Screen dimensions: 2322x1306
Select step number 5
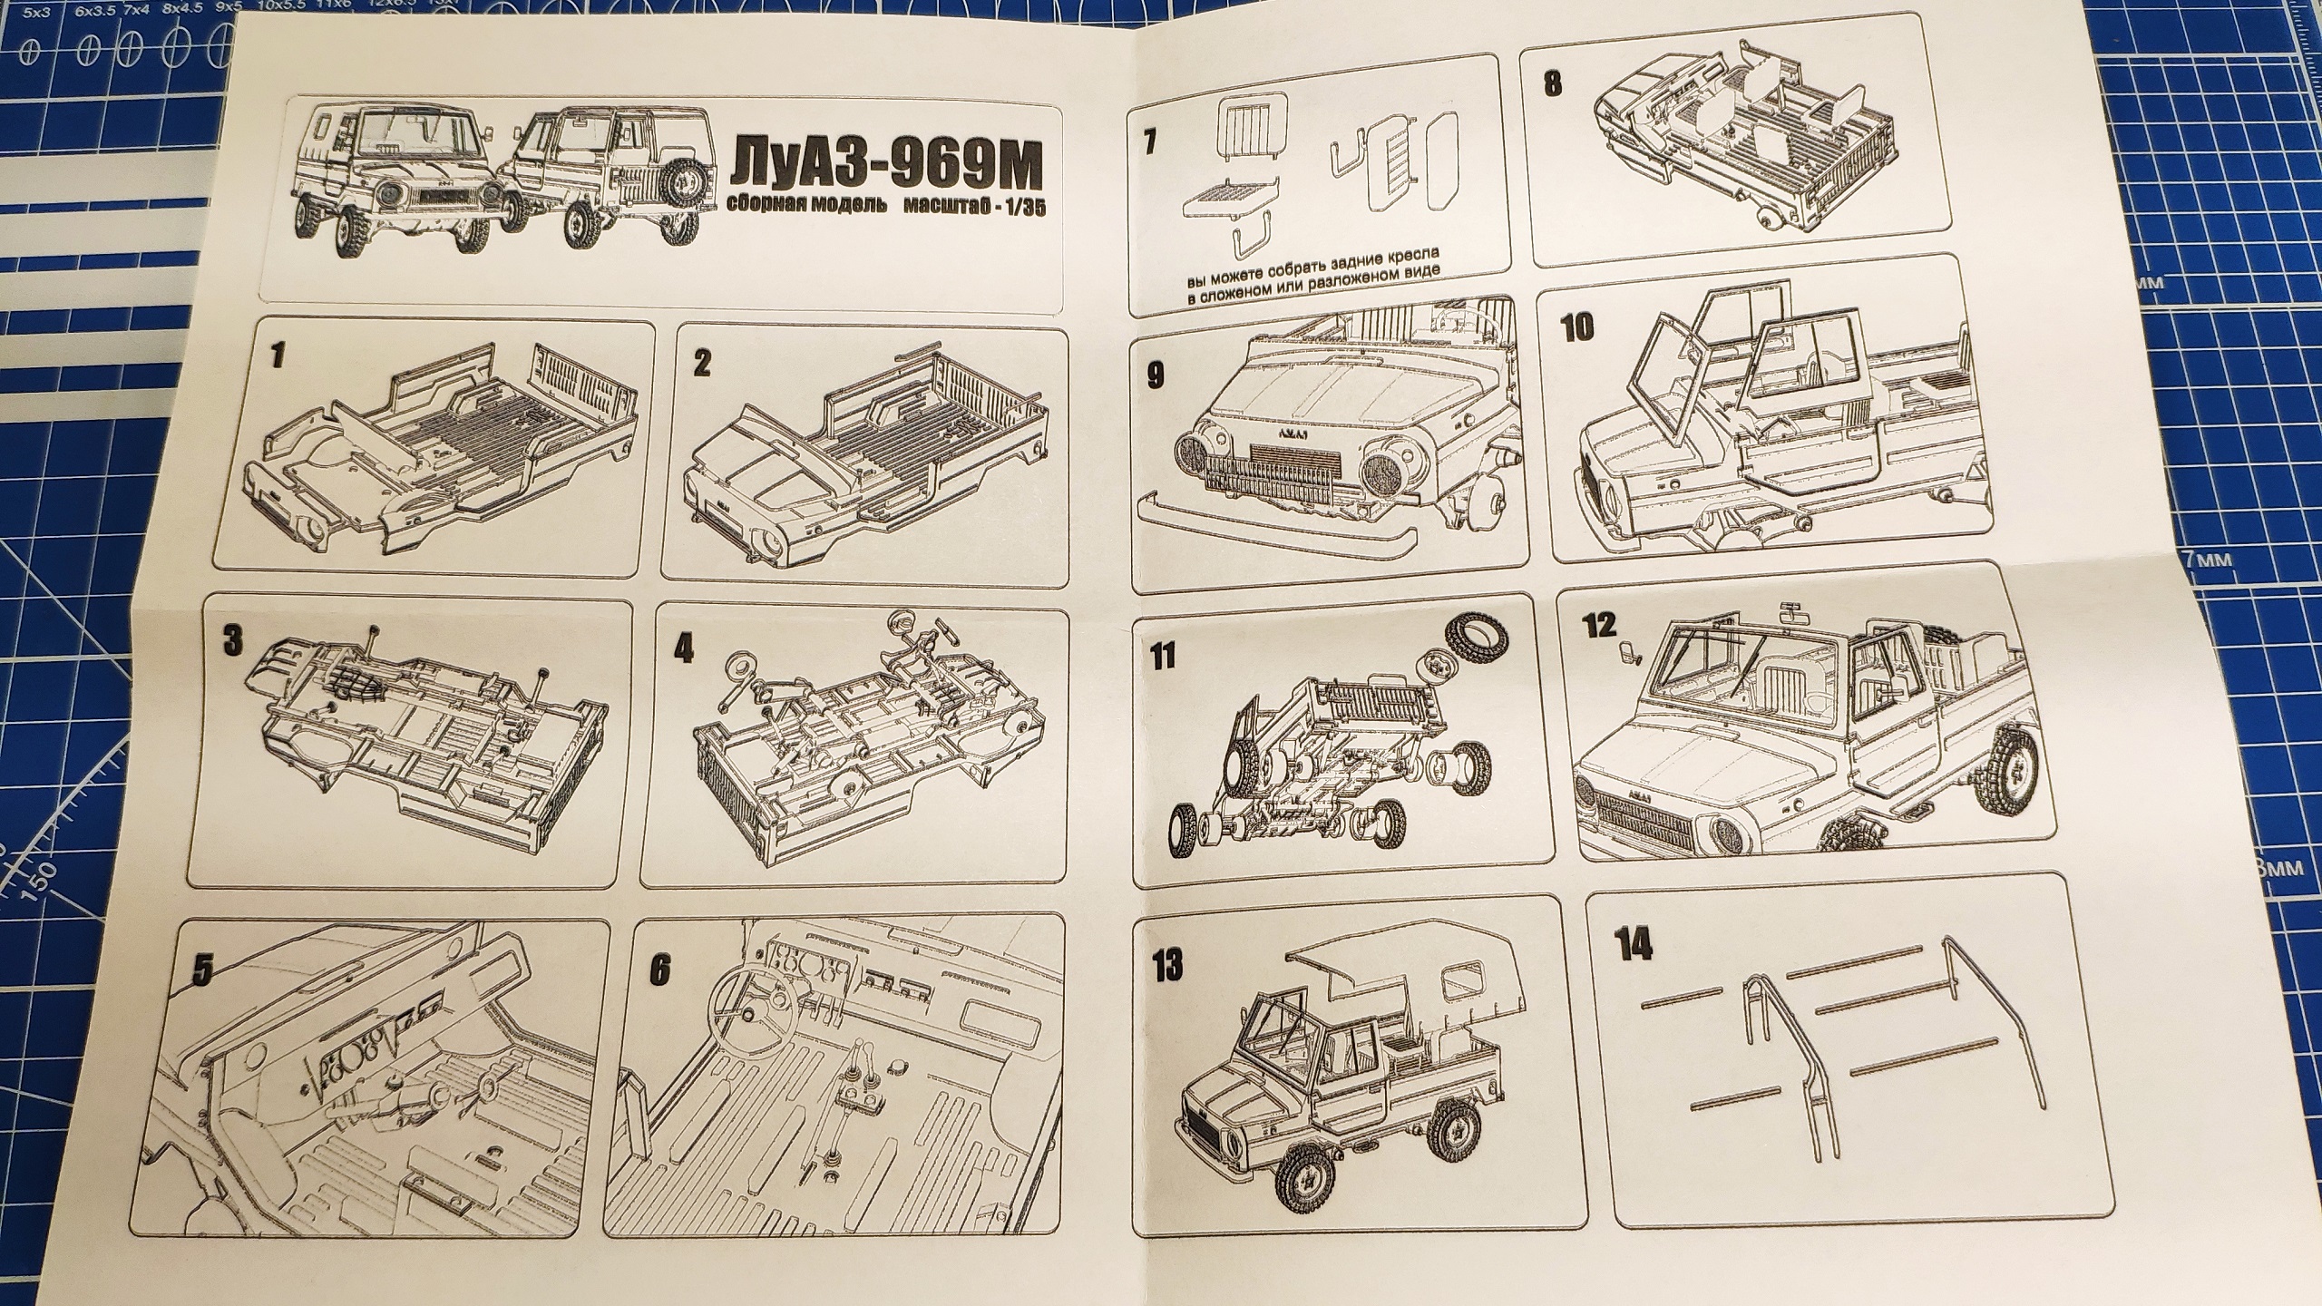pyautogui.click(x=203, y=971)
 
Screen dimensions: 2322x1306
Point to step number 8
pyautogui.click(x=1552, y=84)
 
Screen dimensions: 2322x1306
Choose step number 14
pyautogui.click(x=1631, y=945)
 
